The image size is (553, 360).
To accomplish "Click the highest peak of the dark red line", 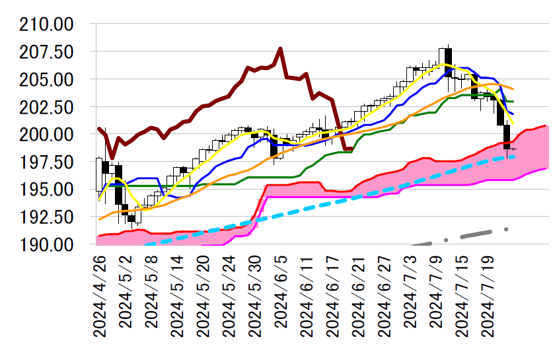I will pos(281,48).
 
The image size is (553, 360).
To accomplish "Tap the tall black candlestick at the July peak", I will pos(448,62).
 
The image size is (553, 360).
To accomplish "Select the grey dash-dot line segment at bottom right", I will pos(476,233).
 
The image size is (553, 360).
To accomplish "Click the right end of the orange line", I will pos(513,89).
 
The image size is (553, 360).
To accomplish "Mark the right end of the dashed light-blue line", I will pos(513,157).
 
